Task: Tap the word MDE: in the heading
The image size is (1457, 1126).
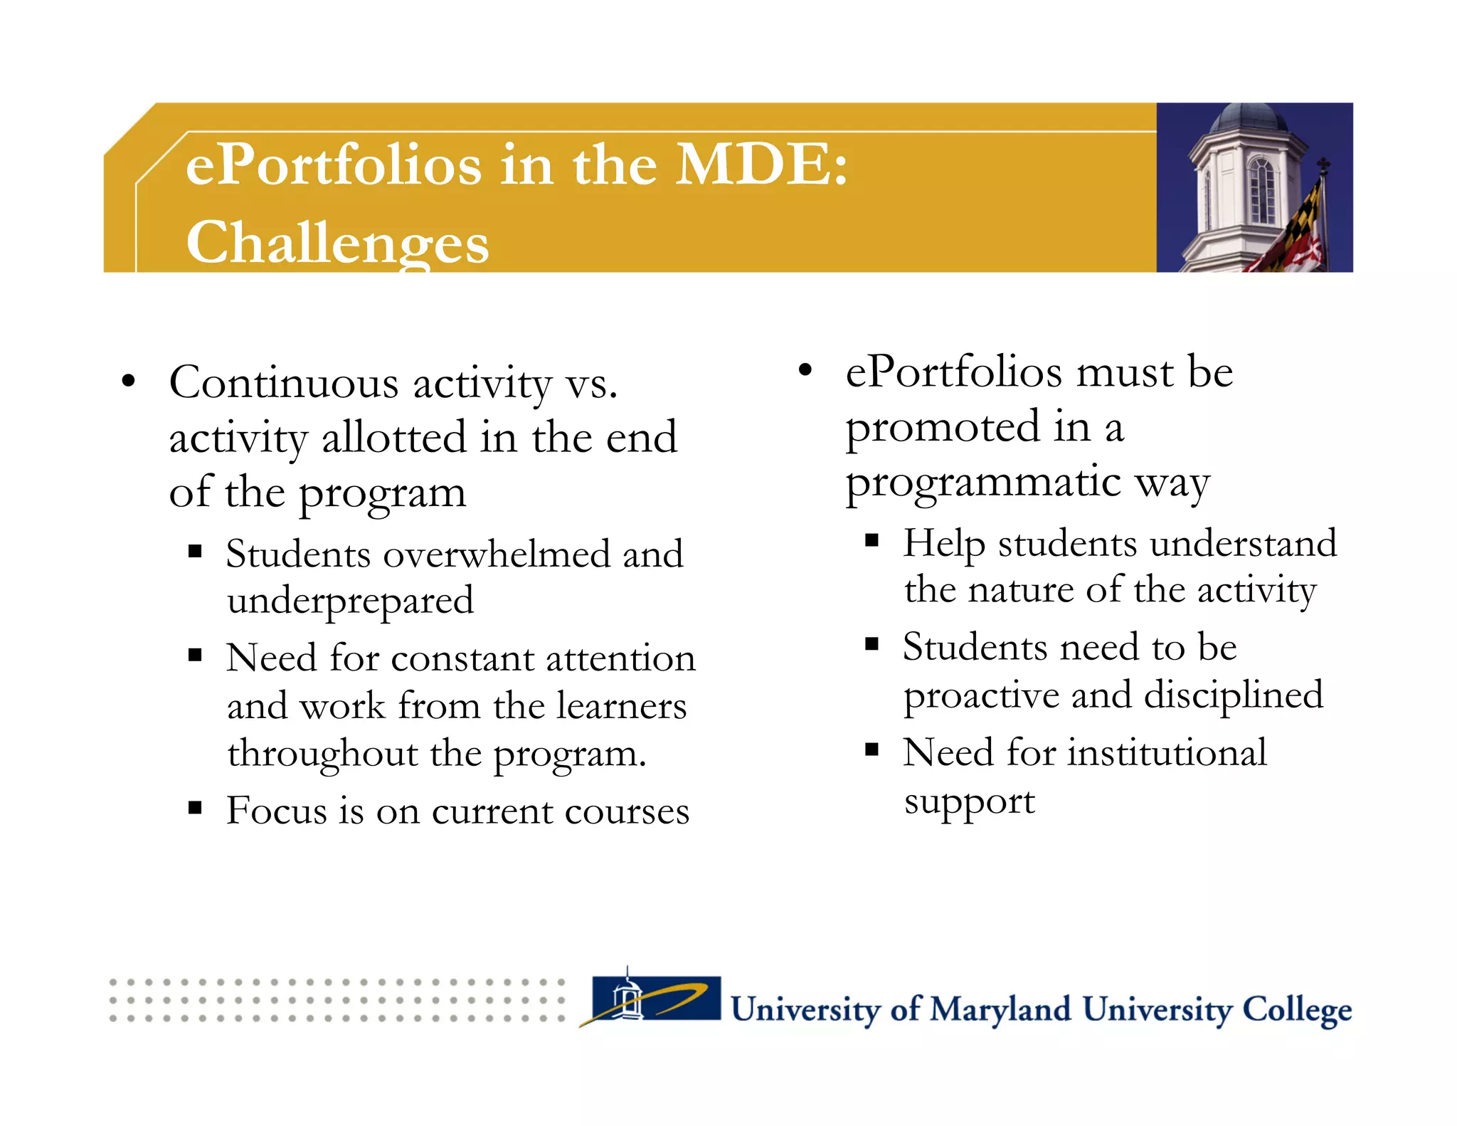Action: pyautogui.click(x=761, y=165)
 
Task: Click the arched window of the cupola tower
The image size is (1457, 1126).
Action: pyautogui.click(x=1262, y=189)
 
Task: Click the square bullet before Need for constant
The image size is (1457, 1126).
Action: pyautogui.click(x=196, y=655)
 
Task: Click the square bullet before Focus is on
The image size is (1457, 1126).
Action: pyautogui.click(x=196, y=808)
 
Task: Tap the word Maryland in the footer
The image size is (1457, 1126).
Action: pyautogui.click(x=1000, y=1010)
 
